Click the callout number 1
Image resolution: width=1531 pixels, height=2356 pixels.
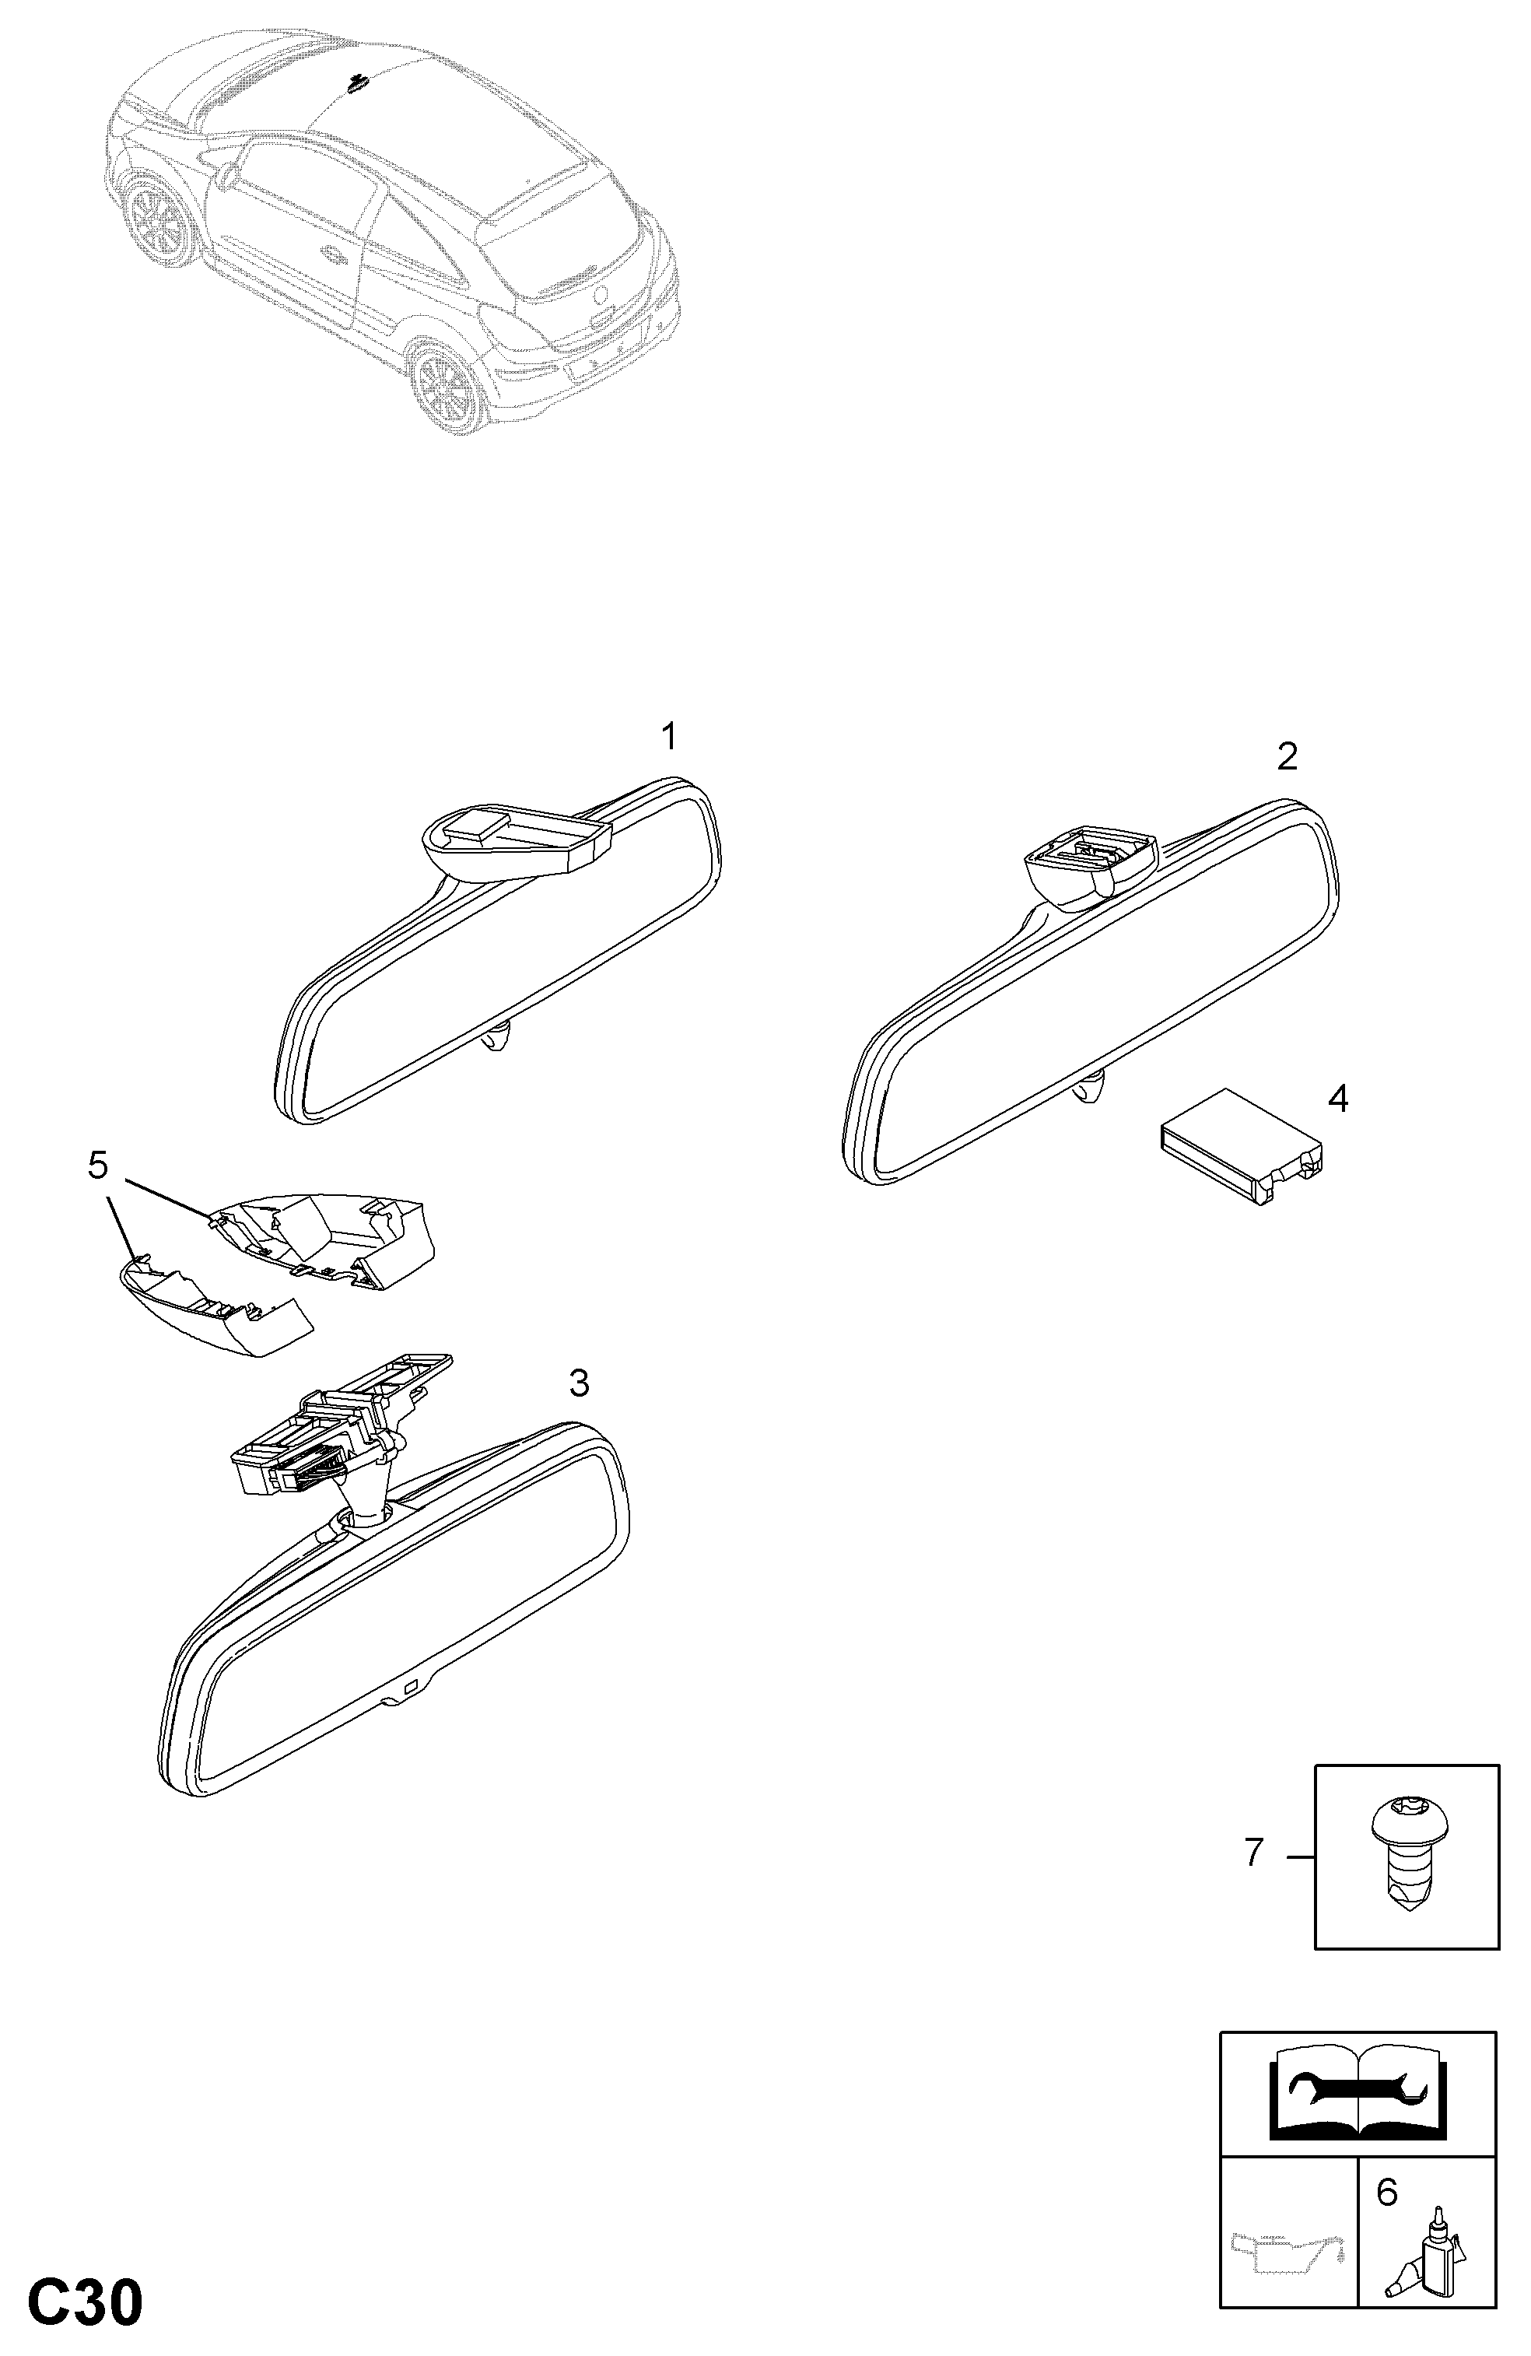669,737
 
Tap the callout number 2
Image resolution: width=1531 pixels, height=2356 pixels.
1287,756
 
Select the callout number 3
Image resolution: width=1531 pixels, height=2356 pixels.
579,1383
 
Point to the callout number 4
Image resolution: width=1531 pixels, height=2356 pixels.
1338,1098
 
